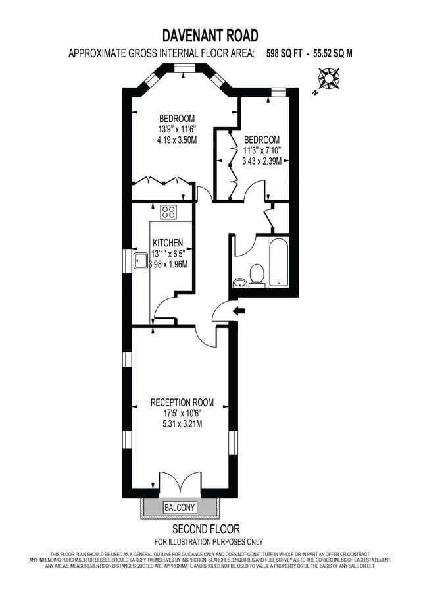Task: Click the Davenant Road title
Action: [210, 35]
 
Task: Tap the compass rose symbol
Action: [327, 80]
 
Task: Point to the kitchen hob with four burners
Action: [170, 212]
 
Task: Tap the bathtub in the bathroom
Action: [278, 262]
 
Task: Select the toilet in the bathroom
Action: [257, 275]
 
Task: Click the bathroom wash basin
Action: [240, 282]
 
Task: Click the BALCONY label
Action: [180, 507]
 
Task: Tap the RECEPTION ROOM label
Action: [182, 402]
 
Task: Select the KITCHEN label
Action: [168, 242]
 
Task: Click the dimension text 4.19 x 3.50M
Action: [177, 140]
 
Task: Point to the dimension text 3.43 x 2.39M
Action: [262, 161]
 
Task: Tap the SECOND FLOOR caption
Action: [206, 529]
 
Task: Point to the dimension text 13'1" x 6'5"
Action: [170, 254]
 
